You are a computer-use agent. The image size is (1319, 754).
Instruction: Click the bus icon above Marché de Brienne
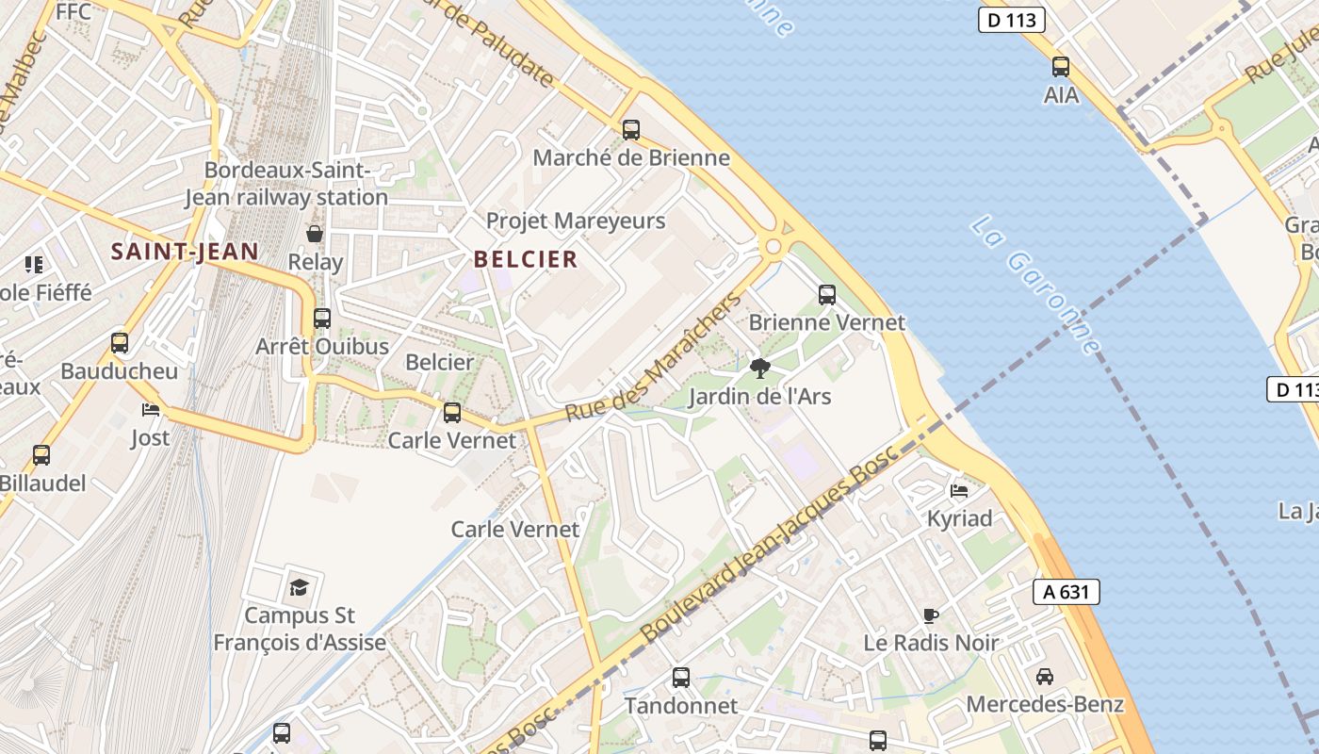pyautogui.click(x=631, y=130)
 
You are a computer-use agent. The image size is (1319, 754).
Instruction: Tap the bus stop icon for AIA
pyautogui.click(x=1061, y=67)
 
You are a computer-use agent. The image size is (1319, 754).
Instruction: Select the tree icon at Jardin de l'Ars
pyautogui.click(x=760, y=368)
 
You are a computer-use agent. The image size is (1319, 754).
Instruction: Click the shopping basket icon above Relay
pyautogui.click(x=315, y=233)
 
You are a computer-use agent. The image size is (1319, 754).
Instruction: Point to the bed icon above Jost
pyautogui.click(x=151, y=409)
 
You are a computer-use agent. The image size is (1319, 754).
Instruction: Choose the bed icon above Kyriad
pyautogui.click(x=959, y=490)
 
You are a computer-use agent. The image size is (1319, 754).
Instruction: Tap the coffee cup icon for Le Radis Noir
pyautogui.click(x=931, y=615)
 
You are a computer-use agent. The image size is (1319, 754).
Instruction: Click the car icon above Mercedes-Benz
pyautogui.click(x=1045, y=676)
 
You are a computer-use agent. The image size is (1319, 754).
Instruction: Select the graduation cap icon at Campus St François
pyautogui.click(x=299, y=587)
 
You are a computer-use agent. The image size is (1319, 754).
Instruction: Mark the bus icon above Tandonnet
pyautogui.click(x=681, y=677)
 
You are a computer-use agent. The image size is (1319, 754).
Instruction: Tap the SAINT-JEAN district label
pyautogui.click(x=185, y=252)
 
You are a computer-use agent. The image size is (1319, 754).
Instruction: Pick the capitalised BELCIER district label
pyautogui.click(x=526, y=259)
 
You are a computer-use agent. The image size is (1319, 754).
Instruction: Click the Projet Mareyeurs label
pyautogui.click(x=576, y=221)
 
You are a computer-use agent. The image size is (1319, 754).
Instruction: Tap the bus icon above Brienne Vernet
pyautogui.click(x=827, y=295)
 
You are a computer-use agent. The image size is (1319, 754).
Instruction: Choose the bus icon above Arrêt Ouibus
pyautogui.click(x=322, y=319)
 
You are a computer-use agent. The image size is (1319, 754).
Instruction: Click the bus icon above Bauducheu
pyautogui.click(x=120, y=343)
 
